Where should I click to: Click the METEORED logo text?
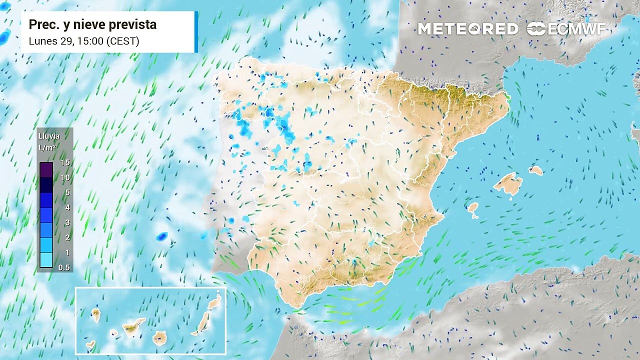coord(467,29)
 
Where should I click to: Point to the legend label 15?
coord(65,163)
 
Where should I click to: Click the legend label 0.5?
coord(64,267)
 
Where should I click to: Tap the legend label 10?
coord(65,177)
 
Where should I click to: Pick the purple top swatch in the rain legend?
coord(46,170)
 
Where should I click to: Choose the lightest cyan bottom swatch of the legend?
coord(46,260)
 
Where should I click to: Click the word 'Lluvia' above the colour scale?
coord(48,136)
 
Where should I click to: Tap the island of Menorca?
coord(535,170)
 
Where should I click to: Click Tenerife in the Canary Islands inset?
coord(133,326)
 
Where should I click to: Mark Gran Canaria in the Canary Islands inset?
coord(159,338)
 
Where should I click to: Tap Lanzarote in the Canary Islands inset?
coord(214,302)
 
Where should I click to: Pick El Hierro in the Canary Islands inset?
coord(90,344)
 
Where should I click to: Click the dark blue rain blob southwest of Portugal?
coord(161,237)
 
